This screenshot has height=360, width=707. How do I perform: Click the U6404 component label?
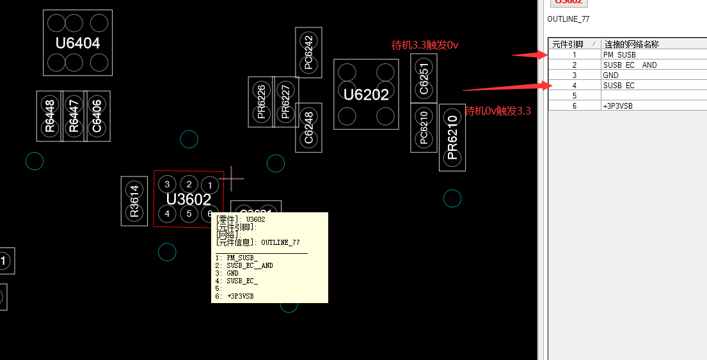77,43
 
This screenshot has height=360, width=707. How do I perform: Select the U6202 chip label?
366,95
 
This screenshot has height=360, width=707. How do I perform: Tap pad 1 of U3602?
209,185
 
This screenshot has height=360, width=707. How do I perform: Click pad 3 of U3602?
167,185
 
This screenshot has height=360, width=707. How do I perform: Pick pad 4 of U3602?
167,213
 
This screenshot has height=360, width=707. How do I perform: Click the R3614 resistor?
134,201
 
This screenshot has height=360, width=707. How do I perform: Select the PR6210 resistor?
452,137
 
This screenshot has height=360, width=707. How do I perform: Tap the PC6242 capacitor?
308,52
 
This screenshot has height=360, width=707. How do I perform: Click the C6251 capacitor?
424,78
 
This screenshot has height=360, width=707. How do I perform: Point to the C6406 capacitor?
97,116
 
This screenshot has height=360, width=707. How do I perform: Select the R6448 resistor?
49,116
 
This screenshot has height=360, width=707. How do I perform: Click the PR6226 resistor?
260,102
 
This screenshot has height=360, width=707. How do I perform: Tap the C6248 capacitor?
308,127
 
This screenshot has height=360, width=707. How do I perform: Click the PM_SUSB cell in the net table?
619,55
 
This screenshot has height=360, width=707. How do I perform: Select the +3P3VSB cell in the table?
617,106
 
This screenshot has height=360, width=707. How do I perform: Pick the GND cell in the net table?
611,75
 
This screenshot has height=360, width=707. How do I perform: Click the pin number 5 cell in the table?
575,95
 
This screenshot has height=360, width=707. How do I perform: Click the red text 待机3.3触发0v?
425,45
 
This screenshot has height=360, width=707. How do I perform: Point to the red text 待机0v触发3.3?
497,111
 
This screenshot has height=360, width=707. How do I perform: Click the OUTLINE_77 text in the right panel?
568,19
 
